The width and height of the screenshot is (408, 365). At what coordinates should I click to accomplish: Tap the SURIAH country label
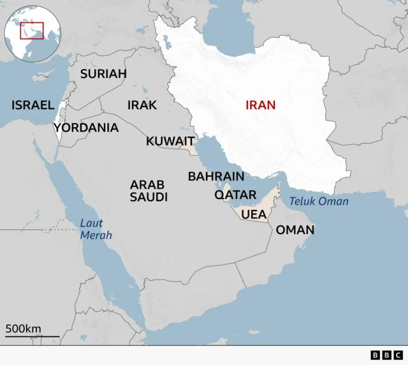[103, 74]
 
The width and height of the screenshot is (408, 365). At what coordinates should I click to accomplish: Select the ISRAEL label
[33, 105]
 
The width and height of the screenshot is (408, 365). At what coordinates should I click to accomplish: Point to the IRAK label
[142, 105]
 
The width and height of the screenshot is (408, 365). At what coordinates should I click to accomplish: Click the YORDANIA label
[86, 128]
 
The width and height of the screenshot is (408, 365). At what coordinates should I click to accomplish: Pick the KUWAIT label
[170, 141]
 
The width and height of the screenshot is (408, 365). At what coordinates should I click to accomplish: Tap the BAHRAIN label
[215, 176]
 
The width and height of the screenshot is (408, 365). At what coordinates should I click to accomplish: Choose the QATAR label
[235, 195]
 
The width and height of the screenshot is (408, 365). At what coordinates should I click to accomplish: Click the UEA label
[252, 214]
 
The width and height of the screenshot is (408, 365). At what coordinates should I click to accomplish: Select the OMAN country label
[295, 230]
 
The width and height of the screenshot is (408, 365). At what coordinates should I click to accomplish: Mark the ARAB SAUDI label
[149, 191]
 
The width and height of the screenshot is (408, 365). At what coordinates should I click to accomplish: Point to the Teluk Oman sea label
[319, 202]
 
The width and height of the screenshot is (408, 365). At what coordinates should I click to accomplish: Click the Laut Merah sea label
[96, 229]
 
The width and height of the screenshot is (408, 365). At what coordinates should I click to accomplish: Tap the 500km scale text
[24, 329]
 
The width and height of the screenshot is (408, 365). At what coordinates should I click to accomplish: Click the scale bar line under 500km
[32, 336]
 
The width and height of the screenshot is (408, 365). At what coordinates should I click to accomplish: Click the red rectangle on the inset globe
[31, 30]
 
